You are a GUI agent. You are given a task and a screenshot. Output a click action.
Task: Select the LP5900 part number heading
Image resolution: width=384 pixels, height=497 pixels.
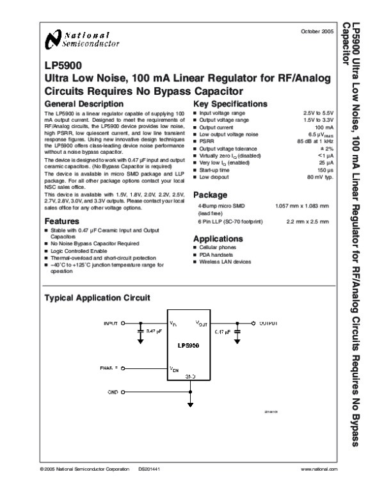[59, 65]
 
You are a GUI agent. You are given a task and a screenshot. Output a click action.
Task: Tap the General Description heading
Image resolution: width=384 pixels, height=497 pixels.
[84, 103]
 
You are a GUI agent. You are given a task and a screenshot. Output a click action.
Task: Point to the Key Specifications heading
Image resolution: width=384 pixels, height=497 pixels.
[230, 103]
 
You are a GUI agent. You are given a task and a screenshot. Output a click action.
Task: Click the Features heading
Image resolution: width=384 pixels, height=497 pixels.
[62, 221]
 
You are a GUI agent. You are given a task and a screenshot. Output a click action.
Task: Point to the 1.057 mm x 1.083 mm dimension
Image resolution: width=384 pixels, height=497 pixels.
[301, 206]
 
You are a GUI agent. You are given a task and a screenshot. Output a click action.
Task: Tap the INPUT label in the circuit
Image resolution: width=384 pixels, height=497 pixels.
[111, 323]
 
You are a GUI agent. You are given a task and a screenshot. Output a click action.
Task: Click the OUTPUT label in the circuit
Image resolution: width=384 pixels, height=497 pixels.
[269, 323]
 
